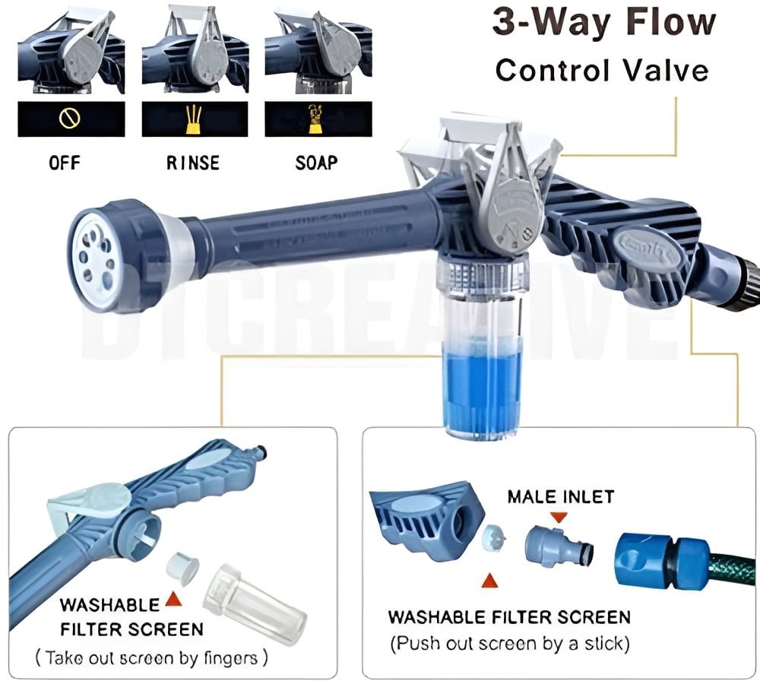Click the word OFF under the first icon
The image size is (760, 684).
(x=64, y=163)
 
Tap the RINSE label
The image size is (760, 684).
(x=193, y=163)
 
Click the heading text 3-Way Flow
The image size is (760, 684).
(x=603, y=23)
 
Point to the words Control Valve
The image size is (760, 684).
(x=602, y=70)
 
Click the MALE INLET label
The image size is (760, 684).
(x=561, y=497)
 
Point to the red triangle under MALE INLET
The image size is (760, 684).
(x=561, y=517)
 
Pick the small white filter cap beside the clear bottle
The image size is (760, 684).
(x=182, y=571)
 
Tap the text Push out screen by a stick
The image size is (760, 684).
(x=509, y=644)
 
